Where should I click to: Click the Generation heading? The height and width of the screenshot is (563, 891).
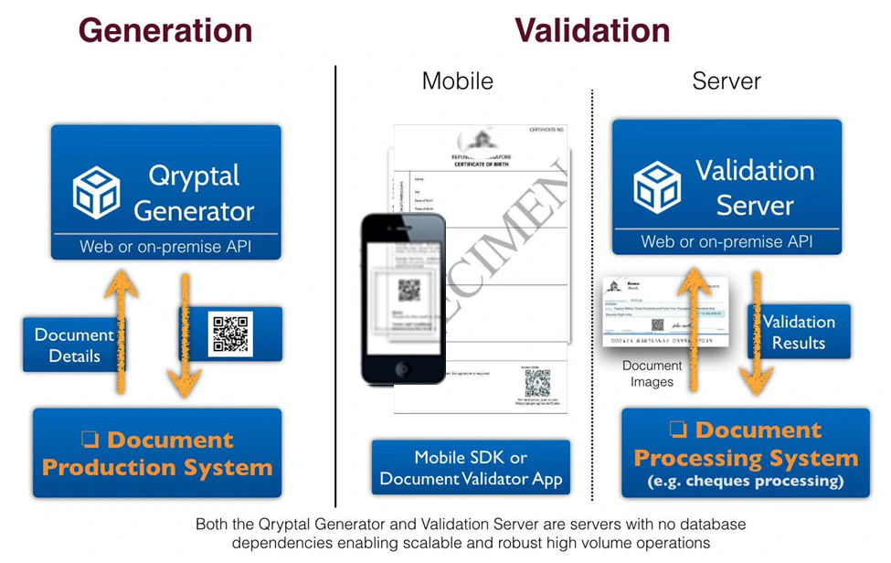point(165,30)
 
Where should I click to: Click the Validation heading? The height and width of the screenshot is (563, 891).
point(592,30)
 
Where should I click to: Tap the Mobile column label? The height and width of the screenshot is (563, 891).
point(457,80)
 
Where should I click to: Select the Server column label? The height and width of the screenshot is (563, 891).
point(727,80)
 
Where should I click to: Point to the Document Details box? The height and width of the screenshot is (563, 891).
point(73,345)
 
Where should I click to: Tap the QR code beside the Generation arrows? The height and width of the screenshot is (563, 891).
point(231,334)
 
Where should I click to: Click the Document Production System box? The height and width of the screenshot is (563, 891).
point(157,453)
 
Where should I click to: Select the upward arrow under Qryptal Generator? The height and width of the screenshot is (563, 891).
point(120,329)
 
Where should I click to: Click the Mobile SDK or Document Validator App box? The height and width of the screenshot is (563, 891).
point(471,467)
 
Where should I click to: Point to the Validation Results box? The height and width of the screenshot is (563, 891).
point(799,332)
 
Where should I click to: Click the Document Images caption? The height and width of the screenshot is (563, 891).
point(652,374)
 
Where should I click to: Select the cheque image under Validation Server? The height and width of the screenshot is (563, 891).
point(664,312)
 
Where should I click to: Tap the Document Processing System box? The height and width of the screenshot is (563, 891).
point(746,453)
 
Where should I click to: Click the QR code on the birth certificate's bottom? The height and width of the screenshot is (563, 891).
point(537,382)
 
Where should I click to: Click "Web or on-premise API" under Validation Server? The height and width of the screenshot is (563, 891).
point(727,242)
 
